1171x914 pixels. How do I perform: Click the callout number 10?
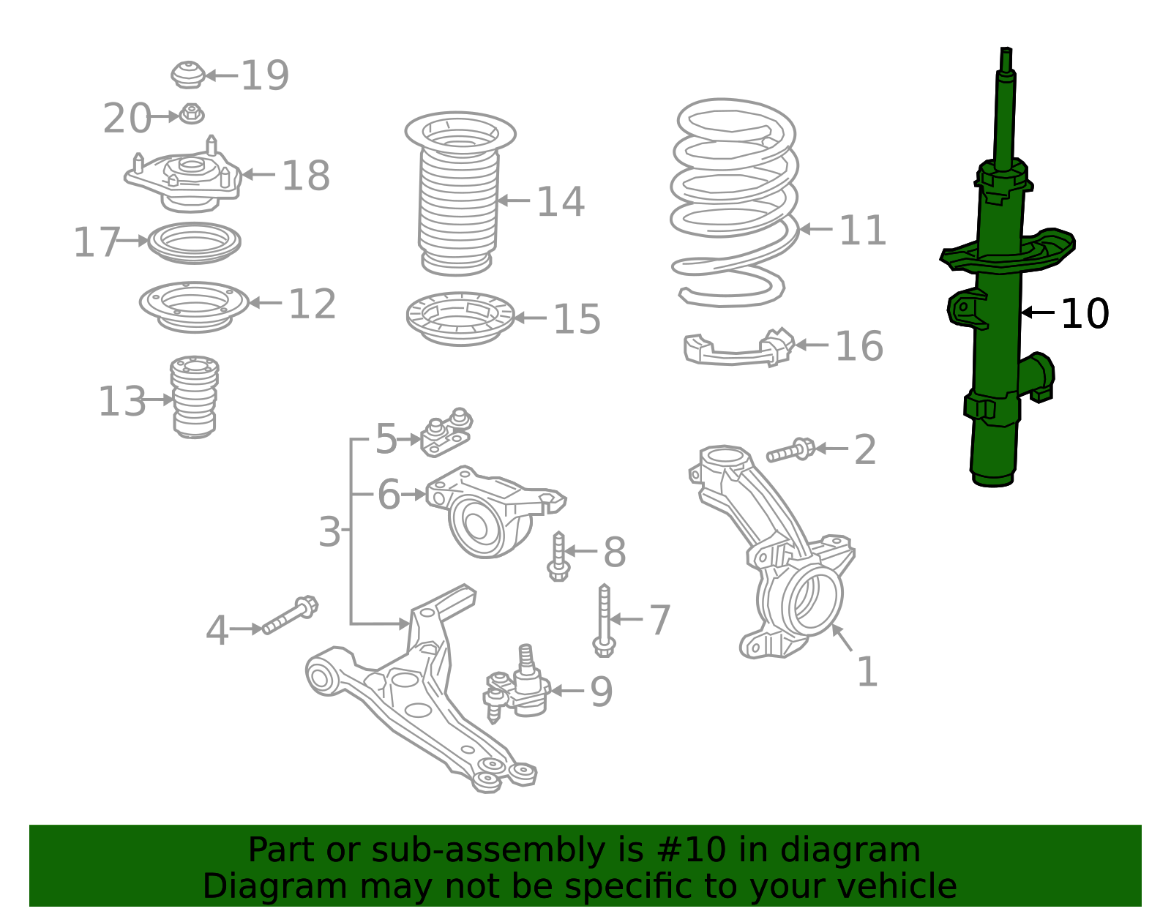pyautogui.click(x=1084, y=313)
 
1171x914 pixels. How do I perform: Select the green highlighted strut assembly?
pyautogui.click(x=997, y=329)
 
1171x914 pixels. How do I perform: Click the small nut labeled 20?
pyautogui.click(x=192, y=115)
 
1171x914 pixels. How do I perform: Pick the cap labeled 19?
pyautogui.click(x=187, y=75)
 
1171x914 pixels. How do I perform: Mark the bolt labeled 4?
pyautogui.click(x=290, y=615)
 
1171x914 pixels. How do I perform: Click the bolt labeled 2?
pyautogui.click(x=790, y=450)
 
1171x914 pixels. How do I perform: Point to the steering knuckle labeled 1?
pyautogui.click(x=776, y=556)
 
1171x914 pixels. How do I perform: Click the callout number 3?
pyautogui.click(x=329, y=532)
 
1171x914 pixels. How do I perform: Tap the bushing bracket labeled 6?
pyautogui.click(x=487, y=512)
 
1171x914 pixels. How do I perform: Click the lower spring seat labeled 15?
pyautogui.click(x=460, y=318)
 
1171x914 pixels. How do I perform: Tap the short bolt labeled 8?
pyautogui.click(x=558, y=556)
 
